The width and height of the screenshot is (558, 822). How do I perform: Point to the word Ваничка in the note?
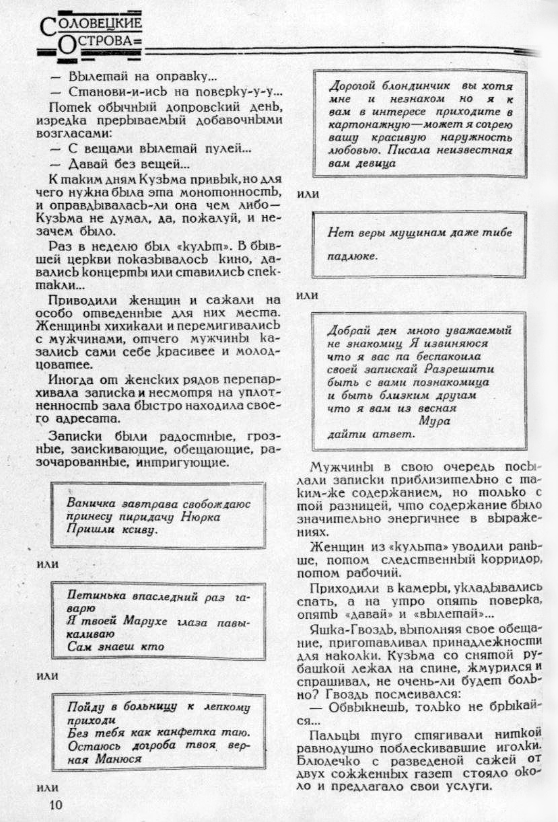pyautogui.click(x=92, y=503)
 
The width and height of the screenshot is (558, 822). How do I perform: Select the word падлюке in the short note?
pyautogui.click(x=352, y=256)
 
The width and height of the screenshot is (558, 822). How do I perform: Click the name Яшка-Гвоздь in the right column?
pyautogui.click(x=343, y=630)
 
